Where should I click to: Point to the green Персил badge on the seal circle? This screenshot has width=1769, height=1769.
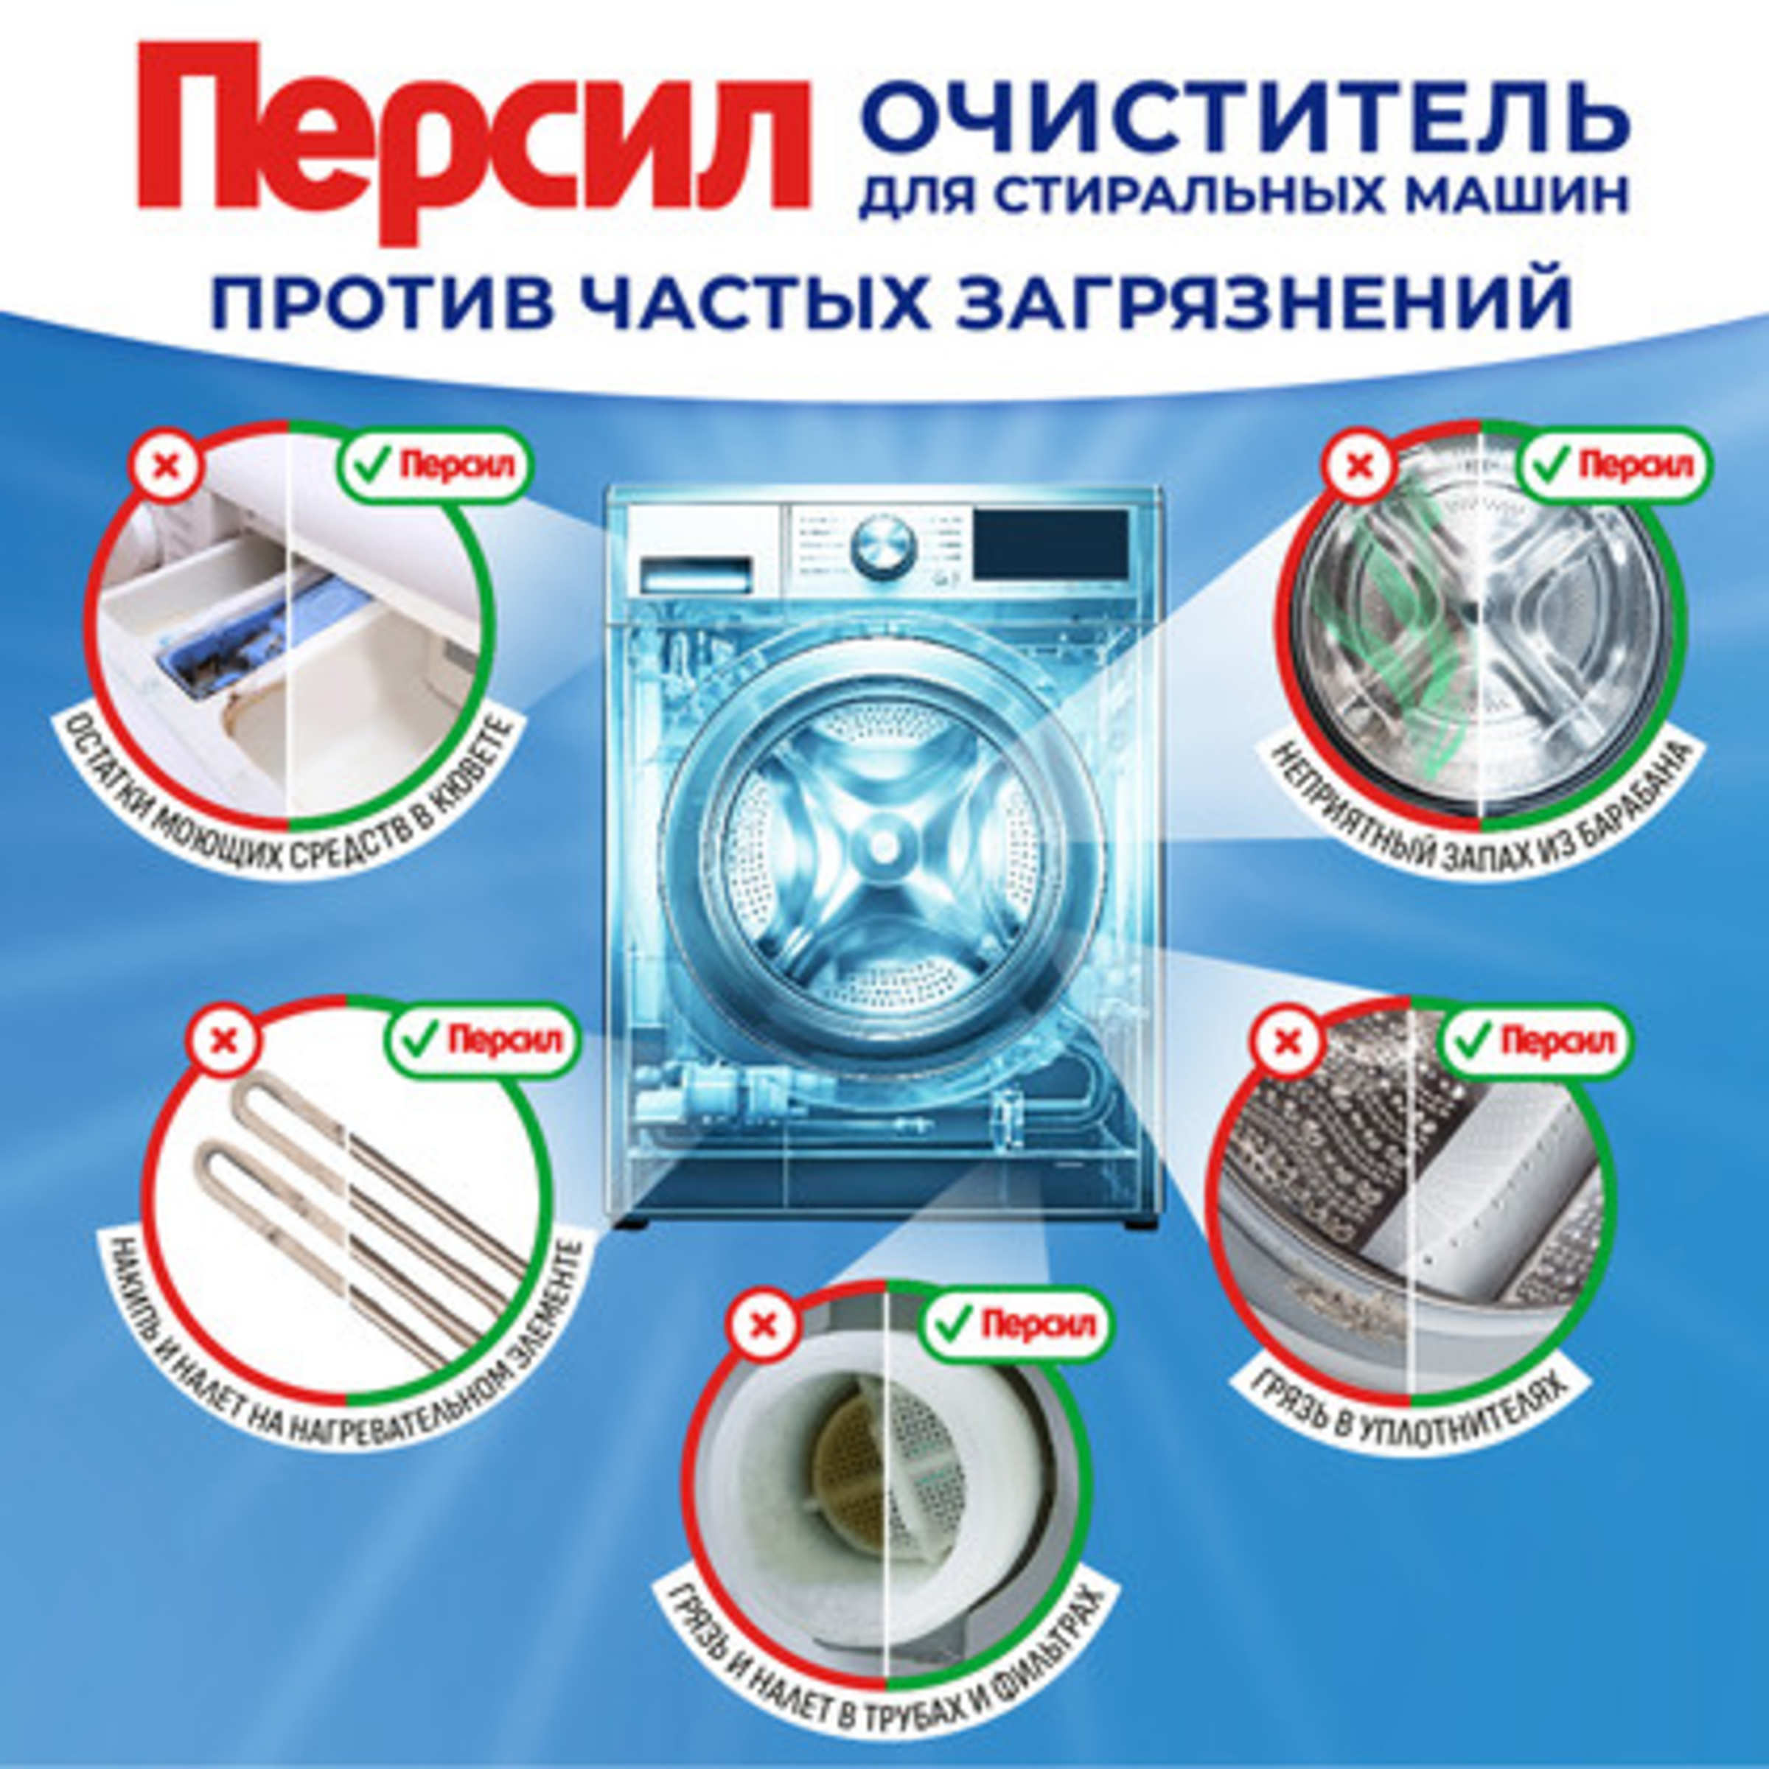(1536, 1041)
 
